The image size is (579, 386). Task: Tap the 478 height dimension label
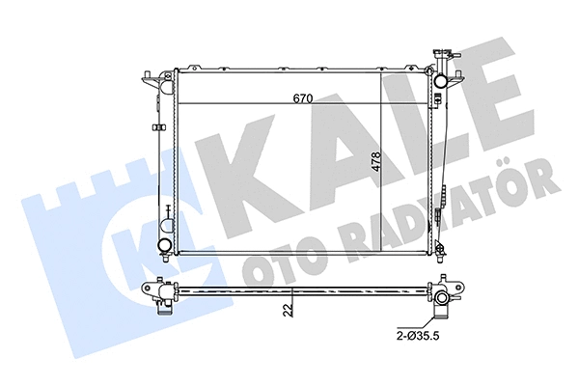click(376, 161)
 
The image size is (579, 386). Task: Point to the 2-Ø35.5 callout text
click(418, 336)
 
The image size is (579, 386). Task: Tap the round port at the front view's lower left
click(164, 244)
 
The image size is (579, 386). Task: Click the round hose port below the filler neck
click(441, 80)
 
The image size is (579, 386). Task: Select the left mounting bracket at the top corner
click(152, 77)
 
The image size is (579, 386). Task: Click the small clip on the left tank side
click(158, 127)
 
